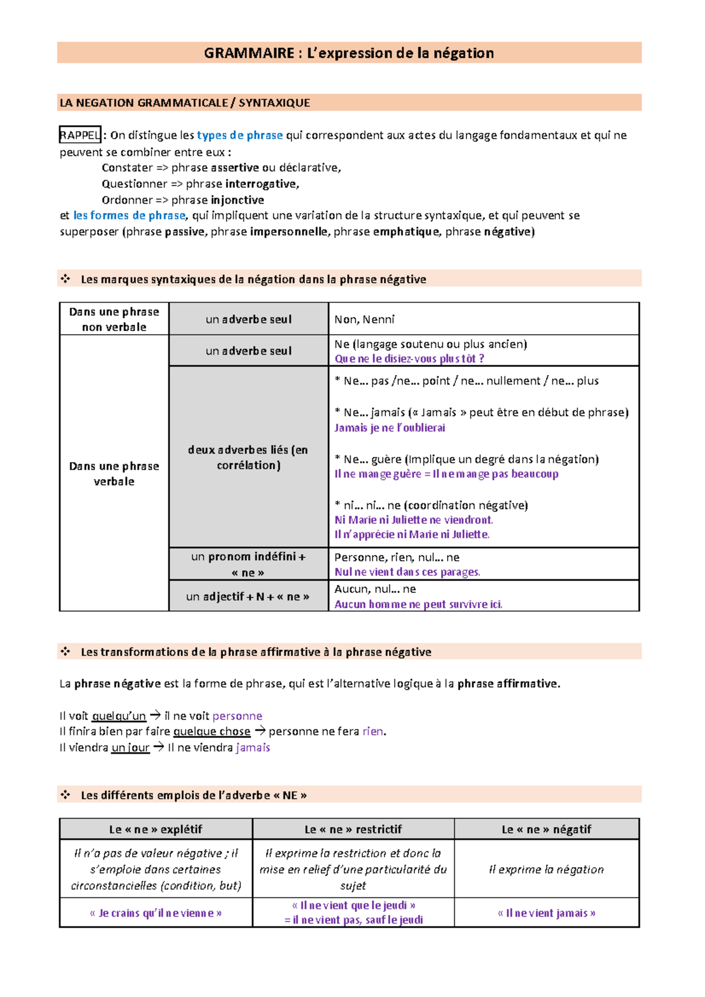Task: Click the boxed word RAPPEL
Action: point(80,135)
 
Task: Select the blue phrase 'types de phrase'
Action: point(240,135)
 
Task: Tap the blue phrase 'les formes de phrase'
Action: point(129,215)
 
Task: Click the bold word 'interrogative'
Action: point(261,184)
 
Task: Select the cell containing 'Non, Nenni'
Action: point(483,319)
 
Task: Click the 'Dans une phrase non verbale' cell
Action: point(114,319)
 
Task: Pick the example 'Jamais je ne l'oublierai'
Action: point(390,428)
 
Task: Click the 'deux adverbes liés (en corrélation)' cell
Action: point(248,457)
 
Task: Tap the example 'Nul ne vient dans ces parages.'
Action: point(407,572)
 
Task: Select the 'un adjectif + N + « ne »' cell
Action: point(248,597)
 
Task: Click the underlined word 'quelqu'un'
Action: point(119,716)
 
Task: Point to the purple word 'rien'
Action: point(372,732)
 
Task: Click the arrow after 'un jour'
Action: point(159,747)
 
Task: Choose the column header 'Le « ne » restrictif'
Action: point(353,829)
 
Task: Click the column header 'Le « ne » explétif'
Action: point(156,829)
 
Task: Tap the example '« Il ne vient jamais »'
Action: point(546,913)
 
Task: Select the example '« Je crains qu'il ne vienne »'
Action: point(156,913)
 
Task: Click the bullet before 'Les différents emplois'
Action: point(65,795)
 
